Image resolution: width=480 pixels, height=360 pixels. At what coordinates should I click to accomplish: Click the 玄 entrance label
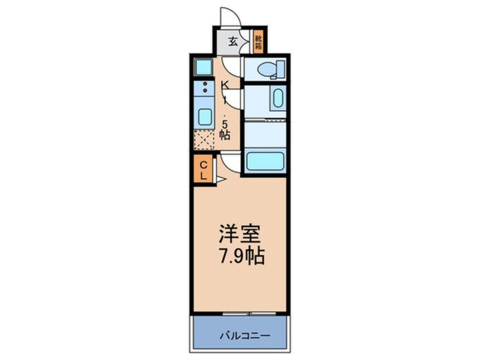[233, 41]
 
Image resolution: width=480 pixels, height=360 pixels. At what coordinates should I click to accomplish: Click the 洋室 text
[241, 234]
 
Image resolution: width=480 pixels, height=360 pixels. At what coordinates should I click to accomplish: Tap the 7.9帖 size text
[241, 256]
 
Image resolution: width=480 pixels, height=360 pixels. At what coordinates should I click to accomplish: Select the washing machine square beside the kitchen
[203, 68]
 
